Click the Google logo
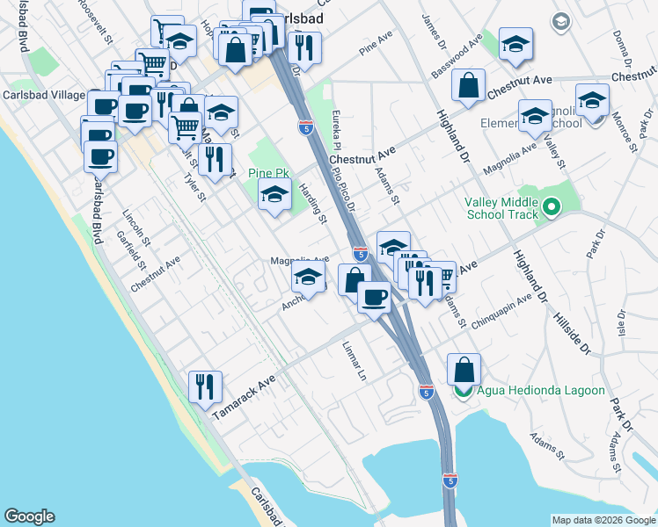[x=29, y=516]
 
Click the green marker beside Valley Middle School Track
[x=552, y=208]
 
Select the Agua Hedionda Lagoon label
[x=542, y=391]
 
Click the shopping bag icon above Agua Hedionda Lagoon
[x=464, y=369]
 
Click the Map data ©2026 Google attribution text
[x=603, y=520]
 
